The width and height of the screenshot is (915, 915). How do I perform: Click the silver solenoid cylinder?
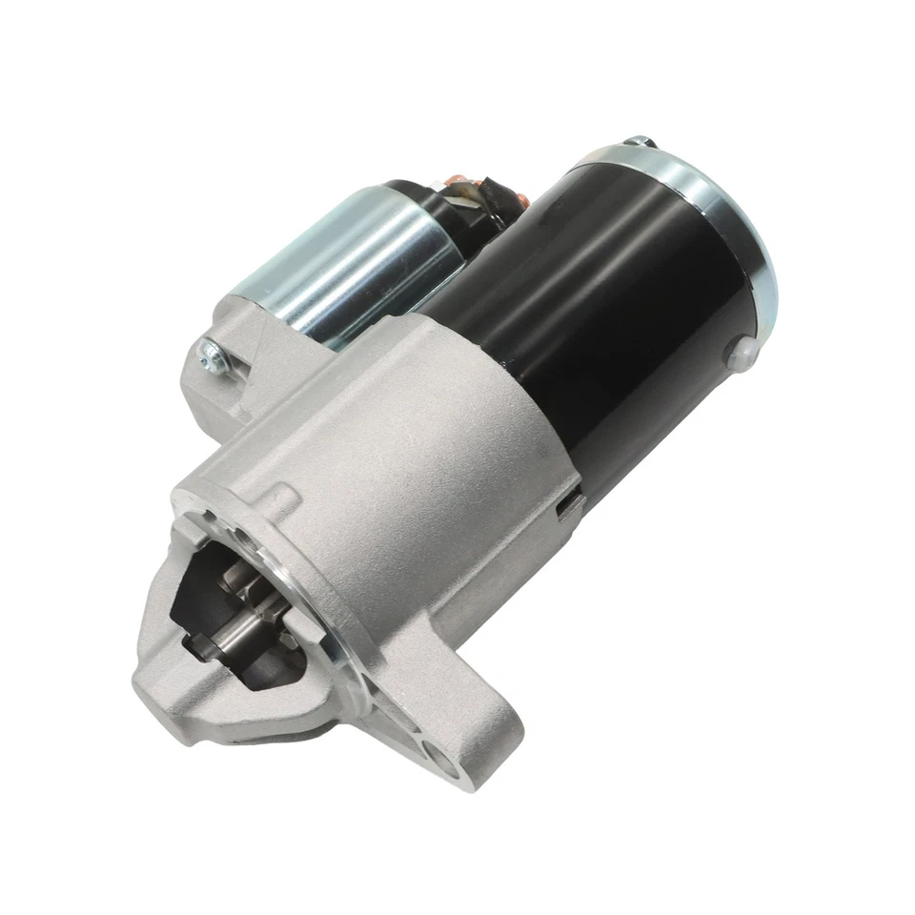point(353,257)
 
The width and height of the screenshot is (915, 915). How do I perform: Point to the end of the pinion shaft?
point(221,631)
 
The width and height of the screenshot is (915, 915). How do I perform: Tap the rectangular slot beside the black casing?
point(570,502)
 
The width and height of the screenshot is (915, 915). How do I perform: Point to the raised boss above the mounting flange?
point(282,499)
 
